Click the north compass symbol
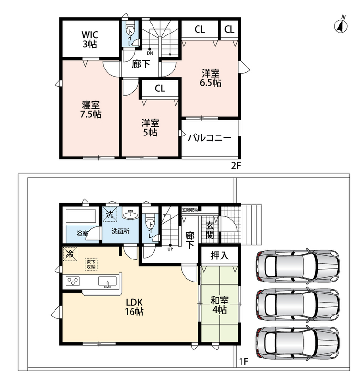click(341, 25)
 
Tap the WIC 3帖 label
click(90, 39)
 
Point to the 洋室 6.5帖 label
click(210, 78)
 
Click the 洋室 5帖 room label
click(150, 127)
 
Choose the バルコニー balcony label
click(209, 138)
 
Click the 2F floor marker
click(236, 166)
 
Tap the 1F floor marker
click(243, 361)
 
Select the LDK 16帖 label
click(134, 307)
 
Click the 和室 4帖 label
click(219, 305)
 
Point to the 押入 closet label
click(219, 256)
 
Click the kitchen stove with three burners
click(73, 281)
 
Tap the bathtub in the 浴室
click(81, 216)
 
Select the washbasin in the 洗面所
click(131, 214)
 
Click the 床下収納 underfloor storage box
click(91, 265)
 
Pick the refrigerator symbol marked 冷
click(70, 254)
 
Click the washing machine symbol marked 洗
click(109, 214)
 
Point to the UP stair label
click(170, 248)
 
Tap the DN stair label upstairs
click(150, 51)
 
